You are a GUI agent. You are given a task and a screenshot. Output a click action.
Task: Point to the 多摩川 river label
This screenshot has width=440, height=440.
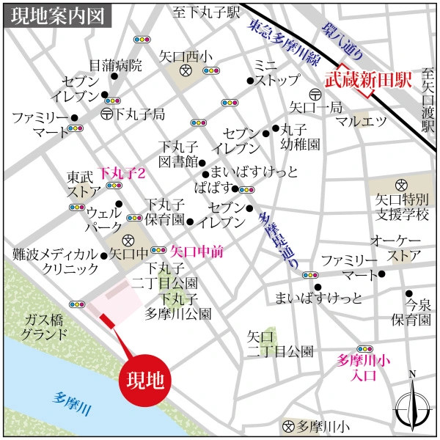click(72, 404)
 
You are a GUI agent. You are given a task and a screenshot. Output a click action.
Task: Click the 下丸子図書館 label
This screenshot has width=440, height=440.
click(180, 153)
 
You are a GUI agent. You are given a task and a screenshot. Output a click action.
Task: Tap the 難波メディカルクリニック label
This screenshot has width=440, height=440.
click(55, 262)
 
